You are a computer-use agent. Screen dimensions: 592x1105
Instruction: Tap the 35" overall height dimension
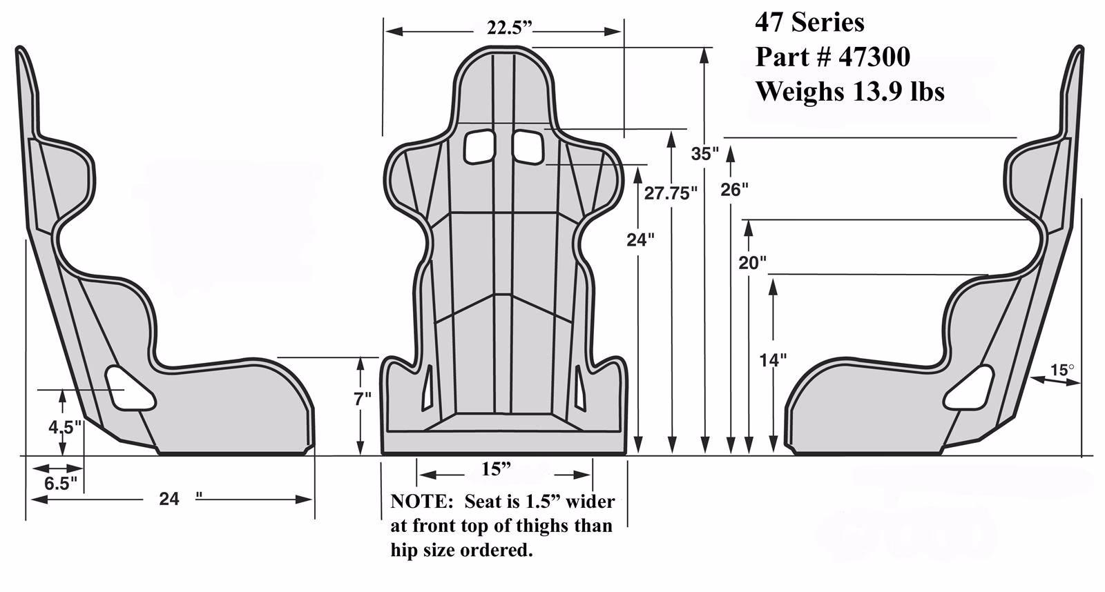click(x=705, y=154)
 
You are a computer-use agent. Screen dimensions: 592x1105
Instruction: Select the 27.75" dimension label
click(x=667, y=193)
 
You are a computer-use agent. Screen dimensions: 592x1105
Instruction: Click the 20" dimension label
click(x=752, y=262)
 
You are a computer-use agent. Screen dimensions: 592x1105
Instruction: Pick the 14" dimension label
click(x=773, y=359)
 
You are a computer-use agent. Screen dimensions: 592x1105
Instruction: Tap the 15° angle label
click(x=1061, y=371)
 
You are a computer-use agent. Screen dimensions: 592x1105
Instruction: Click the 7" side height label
click(x=362, y=399)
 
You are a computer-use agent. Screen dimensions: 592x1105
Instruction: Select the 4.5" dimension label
click(x=64, y=427)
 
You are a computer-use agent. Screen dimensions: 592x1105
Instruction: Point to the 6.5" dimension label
click(x=61, y=482)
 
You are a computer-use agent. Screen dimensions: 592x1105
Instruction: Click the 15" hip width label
click(x=496, y=469)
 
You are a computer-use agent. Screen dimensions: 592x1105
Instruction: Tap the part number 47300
click(x=874, y=57)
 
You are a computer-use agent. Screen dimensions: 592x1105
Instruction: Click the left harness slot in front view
click(x=479, y=146)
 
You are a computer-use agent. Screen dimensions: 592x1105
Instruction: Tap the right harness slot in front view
click(x=527, y=146)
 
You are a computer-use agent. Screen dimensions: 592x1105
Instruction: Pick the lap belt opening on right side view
click(x=969, y=388)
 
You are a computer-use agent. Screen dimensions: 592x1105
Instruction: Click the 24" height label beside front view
click(x=640, y=240)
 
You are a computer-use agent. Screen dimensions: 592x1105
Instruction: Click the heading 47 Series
click(x=809, y=23)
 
